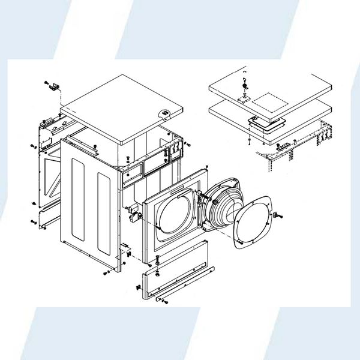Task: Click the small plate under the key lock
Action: (244, 95)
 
